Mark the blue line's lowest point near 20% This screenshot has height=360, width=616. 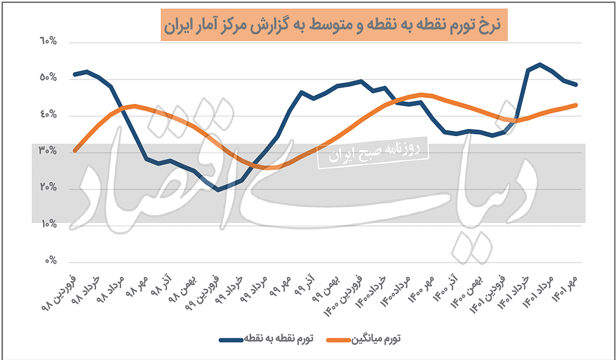218,190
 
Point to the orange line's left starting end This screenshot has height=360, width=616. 75,150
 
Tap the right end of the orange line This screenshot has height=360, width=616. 576,105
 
